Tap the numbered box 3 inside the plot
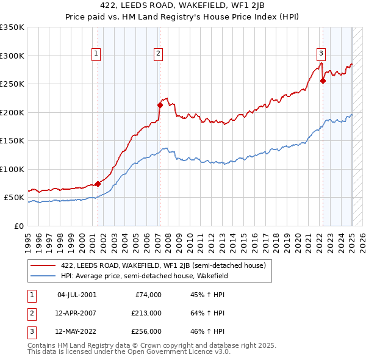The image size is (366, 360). click(321, 53)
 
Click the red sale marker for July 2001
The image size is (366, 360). click(98, 184)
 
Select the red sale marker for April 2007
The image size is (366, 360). click(160, 105)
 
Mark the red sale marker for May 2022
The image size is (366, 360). click(323, 81)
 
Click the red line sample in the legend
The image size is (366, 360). click(43, 266)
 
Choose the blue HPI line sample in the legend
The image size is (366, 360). click(43, 276)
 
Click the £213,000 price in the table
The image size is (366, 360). click(146, 313)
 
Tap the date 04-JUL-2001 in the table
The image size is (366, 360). click(77, 295)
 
